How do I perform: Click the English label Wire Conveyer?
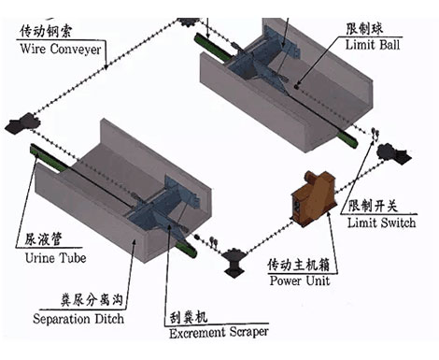(x=61, y=50)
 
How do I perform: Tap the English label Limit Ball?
(x=373, y=45)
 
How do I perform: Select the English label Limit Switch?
(x=381, y=223)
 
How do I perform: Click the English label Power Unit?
(x=300, y=281)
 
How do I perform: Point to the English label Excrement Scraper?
(x=219, y=332)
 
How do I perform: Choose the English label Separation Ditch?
(x=78, y=319)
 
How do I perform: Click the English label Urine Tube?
(x=55, y=258)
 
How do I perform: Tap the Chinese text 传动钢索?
(x=46, y=31)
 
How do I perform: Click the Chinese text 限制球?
(x=364, y=29)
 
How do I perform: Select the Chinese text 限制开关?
(x=373, y=206)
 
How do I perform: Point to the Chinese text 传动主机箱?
(x=298, y=265)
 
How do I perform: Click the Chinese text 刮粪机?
(x=189, y=317)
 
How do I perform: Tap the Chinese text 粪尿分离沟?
(x=92, y=300)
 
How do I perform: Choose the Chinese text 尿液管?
(x=43, y=239)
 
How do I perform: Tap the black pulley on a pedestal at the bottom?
(x=234, y=262)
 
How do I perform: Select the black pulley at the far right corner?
(x=393, y=153)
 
